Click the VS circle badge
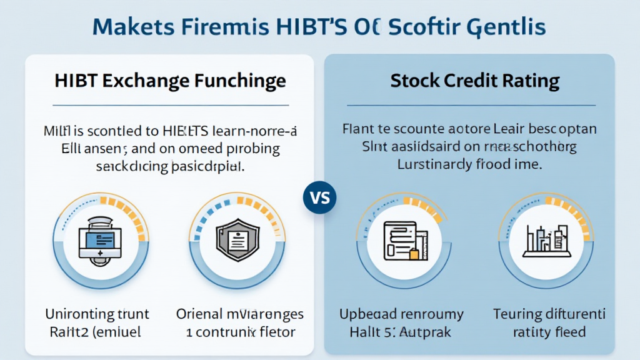click(320, 199)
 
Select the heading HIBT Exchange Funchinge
click(170, 81)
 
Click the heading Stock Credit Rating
click(474, 81)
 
